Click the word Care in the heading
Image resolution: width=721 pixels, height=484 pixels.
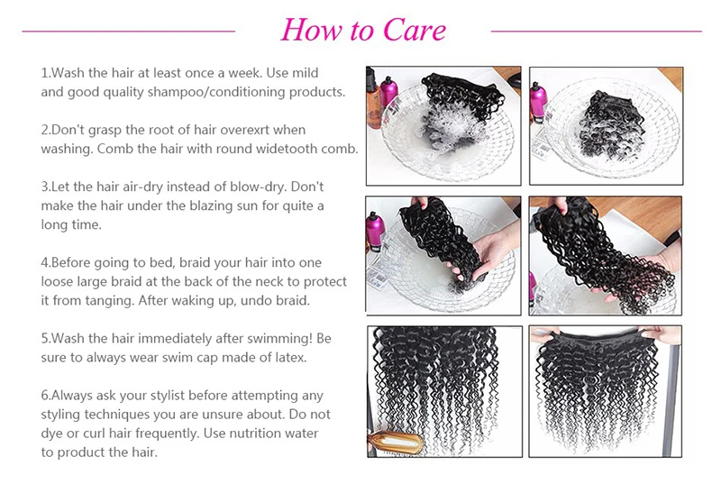pyautogui.click(x=414, y=31)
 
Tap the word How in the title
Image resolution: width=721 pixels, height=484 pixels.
pyautogui.click(x=311, y=31)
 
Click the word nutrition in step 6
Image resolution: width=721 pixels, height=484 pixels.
pyautogui.click(x=255, y=434)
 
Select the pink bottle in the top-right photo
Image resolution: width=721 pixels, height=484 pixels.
pyautogui.click(x=538, y=101)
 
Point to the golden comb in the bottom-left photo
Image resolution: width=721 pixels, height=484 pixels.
pyautogui.click(x=397, y=442)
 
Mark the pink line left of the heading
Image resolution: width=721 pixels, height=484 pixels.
pyautogui.click(x=129, y=32)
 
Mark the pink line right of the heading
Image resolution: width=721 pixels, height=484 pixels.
pyautogui.click(x=597, y=32)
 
